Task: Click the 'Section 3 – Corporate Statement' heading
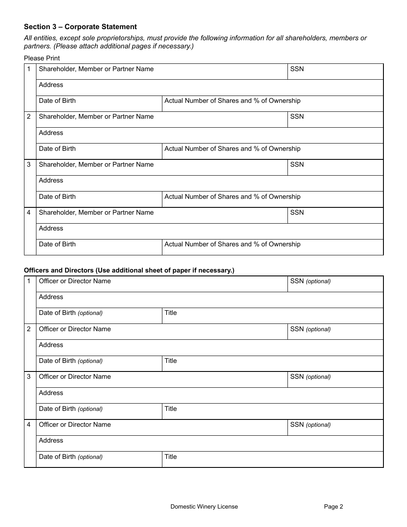80,27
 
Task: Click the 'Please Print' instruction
42,58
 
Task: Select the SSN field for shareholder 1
335,72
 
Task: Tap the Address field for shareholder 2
209,135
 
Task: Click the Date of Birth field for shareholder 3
99,199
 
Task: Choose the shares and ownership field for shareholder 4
272,247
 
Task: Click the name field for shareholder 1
162,72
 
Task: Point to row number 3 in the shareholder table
29,165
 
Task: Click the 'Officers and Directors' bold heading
129,270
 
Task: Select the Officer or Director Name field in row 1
162,284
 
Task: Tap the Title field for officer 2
272,363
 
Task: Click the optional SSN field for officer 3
335,380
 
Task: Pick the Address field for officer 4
209,443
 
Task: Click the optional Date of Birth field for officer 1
99,316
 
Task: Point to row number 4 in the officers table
29,425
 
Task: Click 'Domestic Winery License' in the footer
204,506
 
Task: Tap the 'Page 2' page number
333,506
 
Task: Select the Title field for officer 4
272,459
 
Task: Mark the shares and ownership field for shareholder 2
272,151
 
